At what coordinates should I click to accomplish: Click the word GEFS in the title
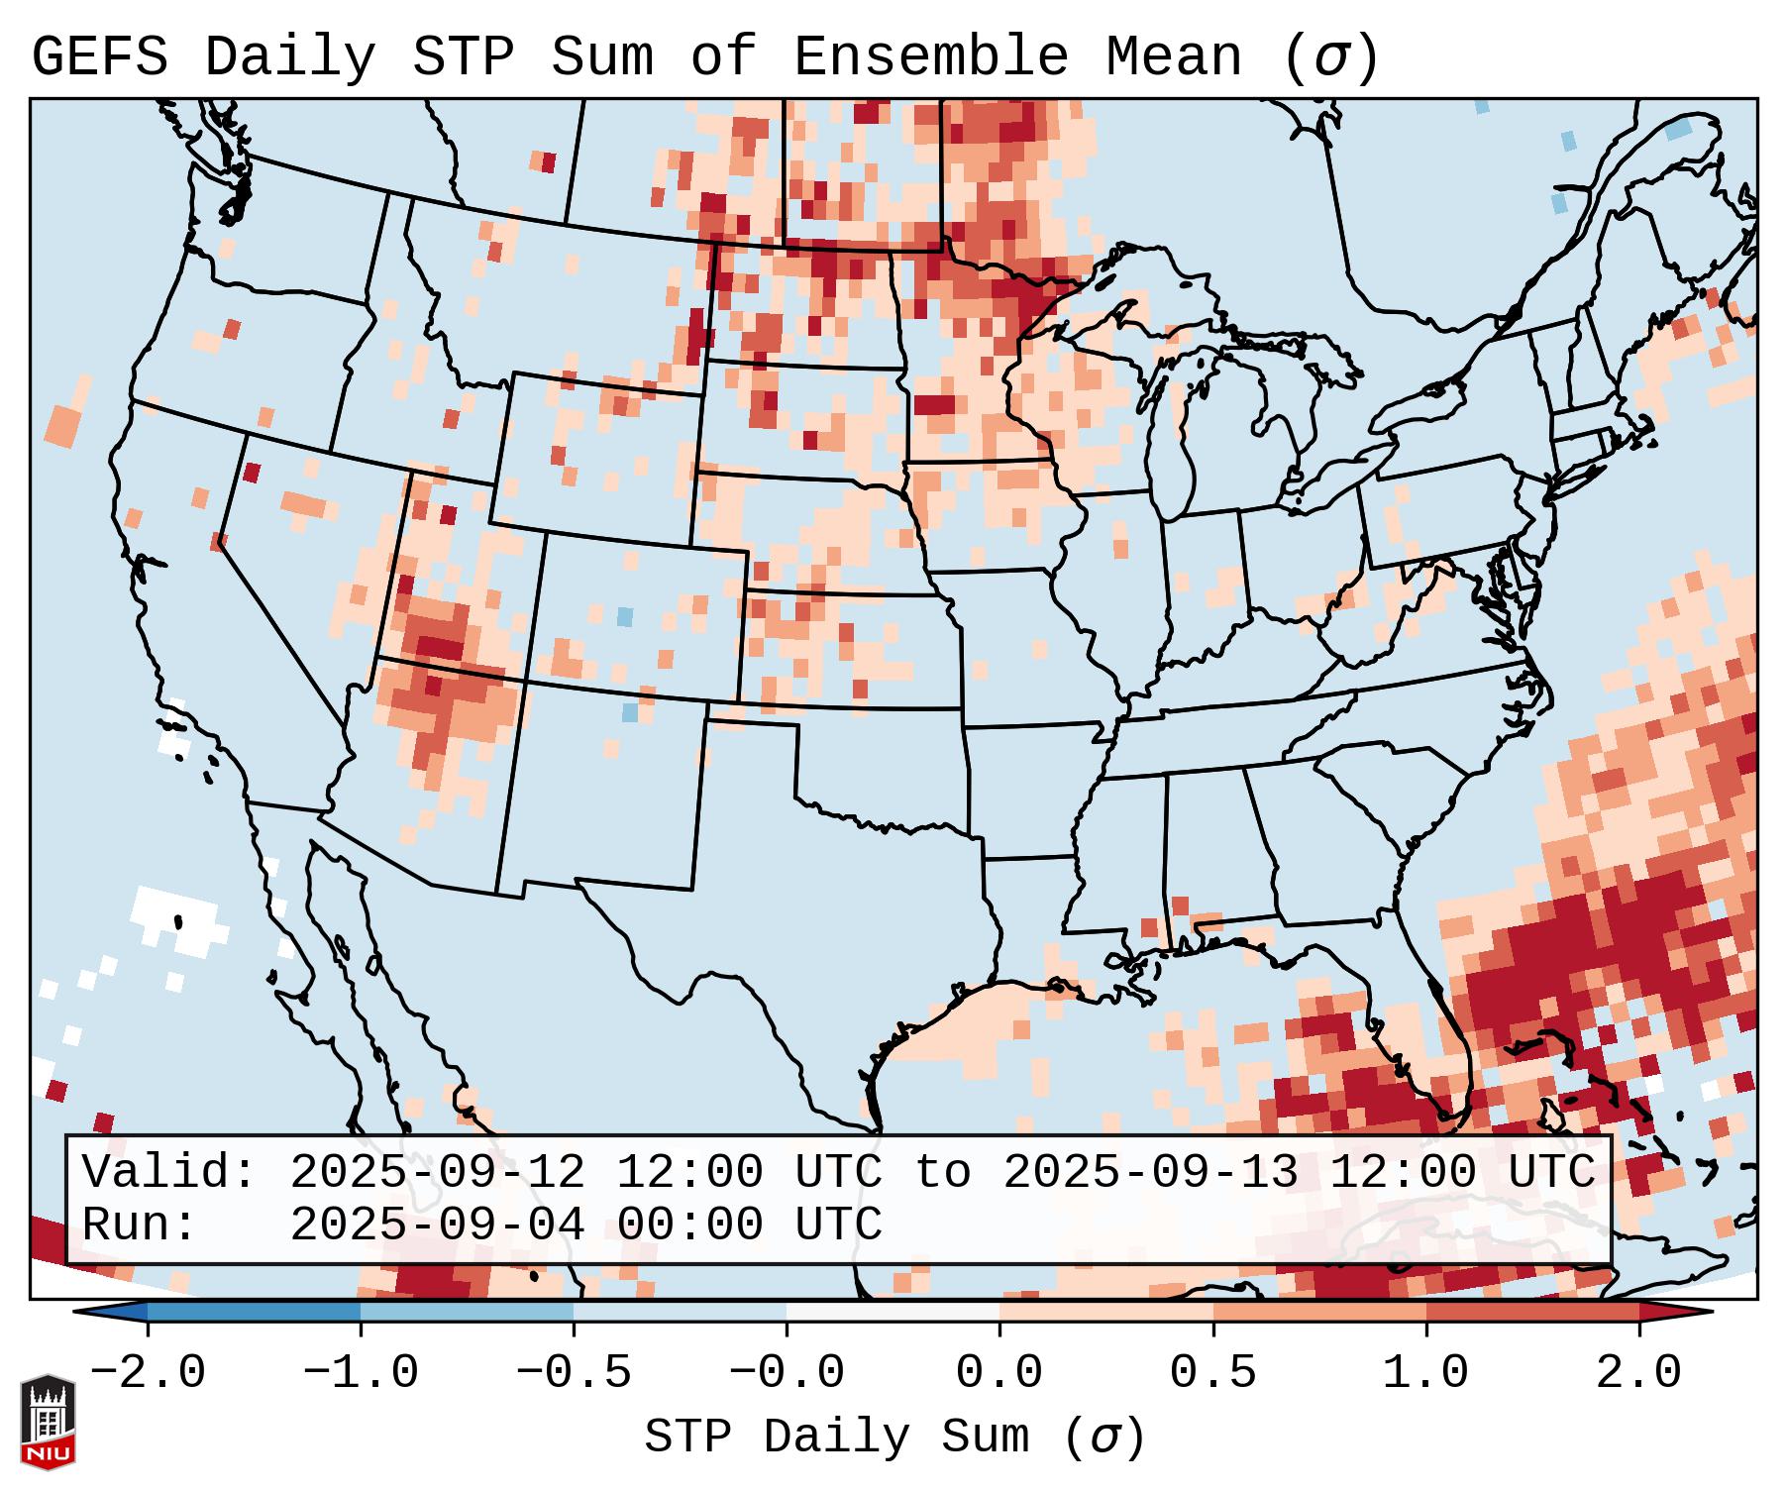point(99,57)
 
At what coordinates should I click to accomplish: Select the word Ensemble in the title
point(931,57)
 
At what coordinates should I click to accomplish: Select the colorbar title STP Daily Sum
point(837,1438)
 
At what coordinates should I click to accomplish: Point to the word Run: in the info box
point(140,1225)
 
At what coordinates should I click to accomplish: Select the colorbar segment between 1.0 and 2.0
point(1532,1312)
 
